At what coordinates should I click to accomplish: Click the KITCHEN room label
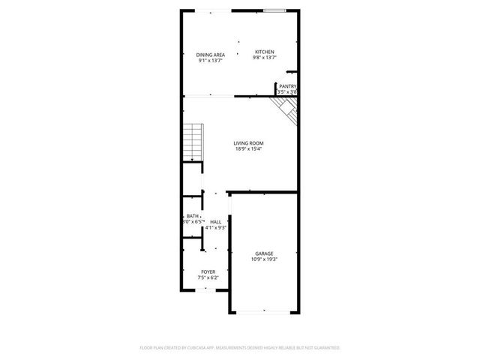point(265,52)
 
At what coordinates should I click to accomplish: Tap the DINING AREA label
point(211,55)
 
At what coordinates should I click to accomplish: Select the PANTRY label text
point(288,86)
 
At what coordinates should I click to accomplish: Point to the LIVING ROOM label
point(248,143)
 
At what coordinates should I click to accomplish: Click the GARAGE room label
point(264,253)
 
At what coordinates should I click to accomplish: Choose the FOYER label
point(208,271)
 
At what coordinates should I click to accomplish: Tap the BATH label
point(193,216)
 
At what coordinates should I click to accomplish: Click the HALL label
point(215,222)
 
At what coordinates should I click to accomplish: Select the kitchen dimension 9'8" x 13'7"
point(265,58)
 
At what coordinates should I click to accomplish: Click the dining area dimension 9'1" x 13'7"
point(211,61)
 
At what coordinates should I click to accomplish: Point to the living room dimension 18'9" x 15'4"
point(248,149)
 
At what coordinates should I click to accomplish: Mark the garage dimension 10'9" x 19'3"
point(264,259)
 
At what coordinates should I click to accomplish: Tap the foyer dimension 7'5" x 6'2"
point(208,277)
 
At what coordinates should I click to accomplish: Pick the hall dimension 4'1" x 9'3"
point(216,227)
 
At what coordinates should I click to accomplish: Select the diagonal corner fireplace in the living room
point(288,110)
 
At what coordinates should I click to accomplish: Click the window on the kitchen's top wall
point(274,10)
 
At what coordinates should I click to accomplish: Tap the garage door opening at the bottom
point(264,310)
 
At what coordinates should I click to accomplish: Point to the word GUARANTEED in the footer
point(326,348)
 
